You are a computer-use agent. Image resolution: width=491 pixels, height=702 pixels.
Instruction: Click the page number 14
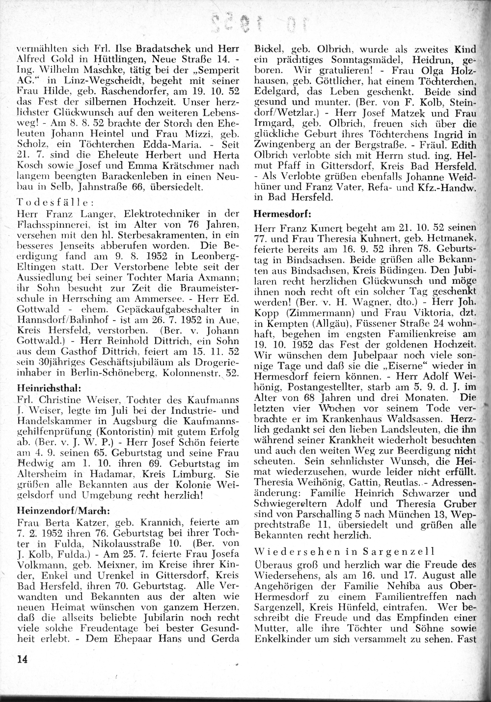coord(22,659)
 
